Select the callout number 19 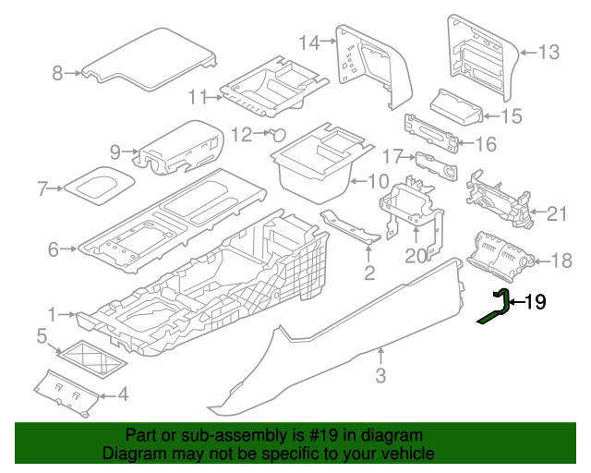click(535, 302)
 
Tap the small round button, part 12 click(278, 135)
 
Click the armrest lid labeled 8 click(149, 59)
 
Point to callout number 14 click(309, 42)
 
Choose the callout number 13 click(549, 52)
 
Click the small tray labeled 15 click(456, 106)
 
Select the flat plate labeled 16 click(431, 134)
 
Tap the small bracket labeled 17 click(437, 165)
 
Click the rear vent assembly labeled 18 click(500, 256)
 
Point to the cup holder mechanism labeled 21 click(500, 199)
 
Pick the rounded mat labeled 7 click(99, 186)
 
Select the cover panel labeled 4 click(66, 393)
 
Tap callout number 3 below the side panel click(380, 375)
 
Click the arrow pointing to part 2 click(369, 252)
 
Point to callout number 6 click(54, 249)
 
